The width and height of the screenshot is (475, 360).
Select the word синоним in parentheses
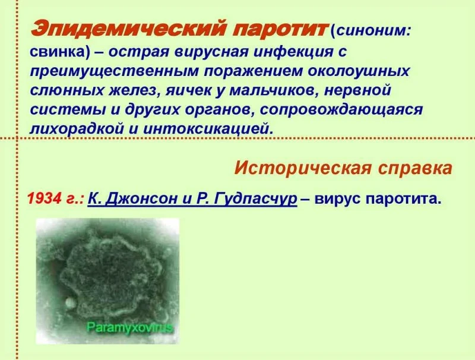372,31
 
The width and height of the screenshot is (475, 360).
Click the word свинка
56,52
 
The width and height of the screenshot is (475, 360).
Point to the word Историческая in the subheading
302,168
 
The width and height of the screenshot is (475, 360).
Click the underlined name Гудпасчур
256,200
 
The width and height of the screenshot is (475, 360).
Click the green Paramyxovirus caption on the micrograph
129,327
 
